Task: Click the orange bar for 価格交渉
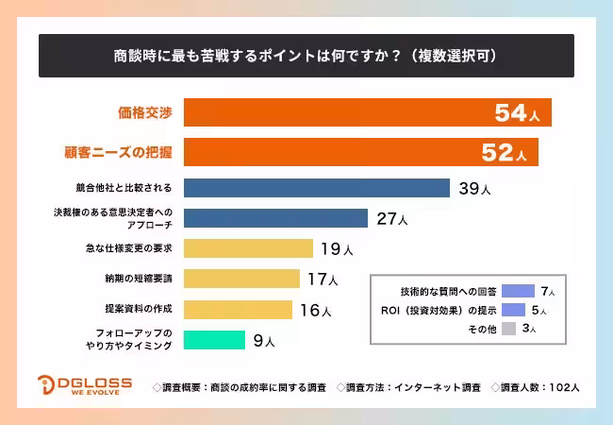pos(368,112)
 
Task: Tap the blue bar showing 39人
pos(316,188)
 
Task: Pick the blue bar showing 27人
pos(275,218)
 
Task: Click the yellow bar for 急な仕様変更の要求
pos(248,248)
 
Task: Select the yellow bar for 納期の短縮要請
pos(241,279)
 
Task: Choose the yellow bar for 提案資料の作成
pos(238,309)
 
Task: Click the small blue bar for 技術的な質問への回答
pos(519,291)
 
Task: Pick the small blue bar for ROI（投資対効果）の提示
pos(514,310)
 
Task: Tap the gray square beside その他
pos(508,329)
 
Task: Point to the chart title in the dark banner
pos(306,56)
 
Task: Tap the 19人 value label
pos(336,249)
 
